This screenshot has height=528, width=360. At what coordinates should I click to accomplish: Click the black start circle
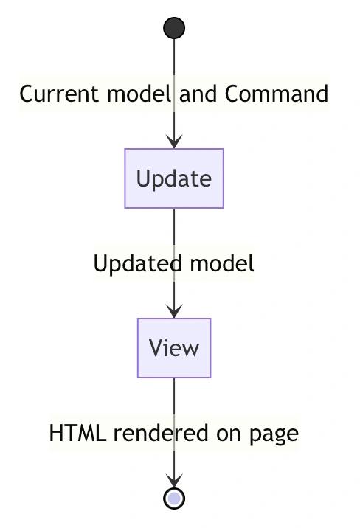(x=174, y=28)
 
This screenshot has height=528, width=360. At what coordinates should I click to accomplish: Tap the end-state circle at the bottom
(x=174, y=498)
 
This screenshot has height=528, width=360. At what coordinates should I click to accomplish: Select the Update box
(x=174, y=178)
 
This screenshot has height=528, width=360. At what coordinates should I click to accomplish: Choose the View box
(x=174, y=348)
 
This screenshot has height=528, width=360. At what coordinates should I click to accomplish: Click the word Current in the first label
(x=59, y=94)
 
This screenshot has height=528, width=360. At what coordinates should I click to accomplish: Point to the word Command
(x=276, y=94)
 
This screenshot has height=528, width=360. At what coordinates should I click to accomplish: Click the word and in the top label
(x=198, y=94)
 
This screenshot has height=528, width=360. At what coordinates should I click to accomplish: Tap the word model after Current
(x=139, y=94)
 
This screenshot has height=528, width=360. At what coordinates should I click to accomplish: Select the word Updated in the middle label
(x=137, y=263)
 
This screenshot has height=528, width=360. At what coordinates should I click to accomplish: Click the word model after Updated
(x=222, y=263)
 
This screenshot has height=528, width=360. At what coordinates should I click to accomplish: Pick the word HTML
(x=77, y=433)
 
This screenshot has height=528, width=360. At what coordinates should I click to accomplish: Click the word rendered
(x=161, y=433)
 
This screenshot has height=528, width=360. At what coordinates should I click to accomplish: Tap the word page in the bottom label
(x=274, y=435)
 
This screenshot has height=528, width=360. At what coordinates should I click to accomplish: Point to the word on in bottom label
(x=229, y=434)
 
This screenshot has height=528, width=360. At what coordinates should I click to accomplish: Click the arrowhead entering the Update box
(x=174, y=142)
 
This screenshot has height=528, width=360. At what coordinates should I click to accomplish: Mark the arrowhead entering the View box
(x=174, y=311)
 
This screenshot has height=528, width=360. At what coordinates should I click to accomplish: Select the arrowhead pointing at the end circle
(x=174, y=481)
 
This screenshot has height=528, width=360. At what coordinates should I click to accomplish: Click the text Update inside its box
(x=174, y=178)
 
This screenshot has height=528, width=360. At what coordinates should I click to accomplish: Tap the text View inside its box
(x=174, y=348)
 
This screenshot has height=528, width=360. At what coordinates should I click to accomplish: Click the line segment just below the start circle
(x=174, y=57)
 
